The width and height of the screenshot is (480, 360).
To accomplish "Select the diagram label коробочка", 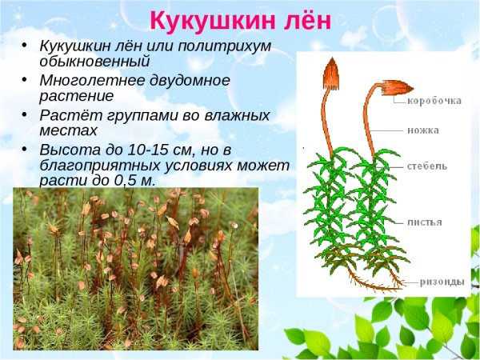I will (434, 101).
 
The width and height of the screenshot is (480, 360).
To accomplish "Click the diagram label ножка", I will (422, 129).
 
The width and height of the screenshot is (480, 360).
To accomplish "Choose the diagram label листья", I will (424, 222).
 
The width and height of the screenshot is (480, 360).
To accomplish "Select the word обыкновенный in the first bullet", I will (94, 61).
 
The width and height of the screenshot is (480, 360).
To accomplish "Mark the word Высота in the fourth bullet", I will (66, 149).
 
